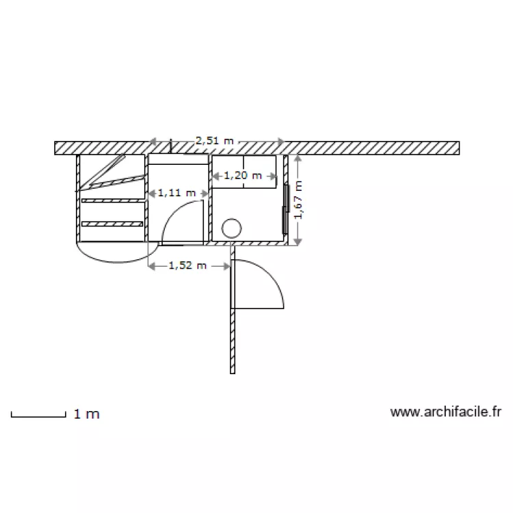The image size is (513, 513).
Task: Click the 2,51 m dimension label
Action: [215, 141]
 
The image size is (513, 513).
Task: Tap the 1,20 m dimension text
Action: [243, 176]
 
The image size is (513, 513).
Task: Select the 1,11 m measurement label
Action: [176, 193]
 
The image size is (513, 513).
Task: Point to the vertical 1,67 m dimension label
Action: [298, 200]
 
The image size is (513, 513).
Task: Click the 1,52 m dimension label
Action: [187, 265]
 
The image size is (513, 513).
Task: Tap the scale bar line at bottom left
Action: [38, 415]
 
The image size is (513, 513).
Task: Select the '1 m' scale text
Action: [86, 414]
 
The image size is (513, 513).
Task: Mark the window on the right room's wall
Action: [285, 209]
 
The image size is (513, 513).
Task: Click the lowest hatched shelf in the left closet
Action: [112, 224]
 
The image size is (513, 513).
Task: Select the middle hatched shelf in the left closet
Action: [112, 200]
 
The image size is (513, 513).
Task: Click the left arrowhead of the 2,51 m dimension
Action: [153, 142]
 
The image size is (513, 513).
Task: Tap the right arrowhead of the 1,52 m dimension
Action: [228, 265]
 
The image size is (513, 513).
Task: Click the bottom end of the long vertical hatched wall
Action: [233, 371]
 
